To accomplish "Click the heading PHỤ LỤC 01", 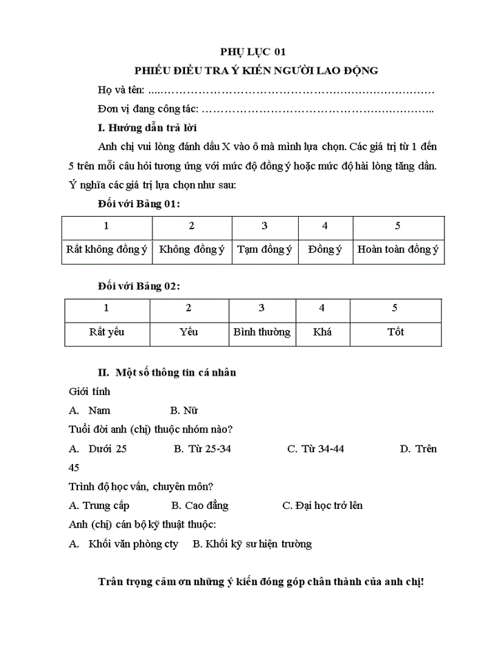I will (252, 51).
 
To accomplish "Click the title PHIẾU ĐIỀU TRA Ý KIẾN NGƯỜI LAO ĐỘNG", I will (257, 70).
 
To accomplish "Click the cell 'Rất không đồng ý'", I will (106, 249).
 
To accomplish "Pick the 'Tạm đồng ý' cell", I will (264, 249).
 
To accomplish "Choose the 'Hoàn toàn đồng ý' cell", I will (397, 249).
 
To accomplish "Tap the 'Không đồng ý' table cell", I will (191, 249).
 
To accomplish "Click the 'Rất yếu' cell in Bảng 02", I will (106, 331).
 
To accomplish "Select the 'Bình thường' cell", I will (262, 331).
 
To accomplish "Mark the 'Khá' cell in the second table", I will (322, 331).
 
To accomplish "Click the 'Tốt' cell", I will (395, 331).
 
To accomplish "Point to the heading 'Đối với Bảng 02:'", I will (139, 286).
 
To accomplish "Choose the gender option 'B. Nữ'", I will (184, 410).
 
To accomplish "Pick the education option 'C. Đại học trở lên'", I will (322, 506).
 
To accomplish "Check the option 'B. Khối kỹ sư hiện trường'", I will (252, 544).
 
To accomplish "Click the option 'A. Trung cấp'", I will (99, 506).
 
